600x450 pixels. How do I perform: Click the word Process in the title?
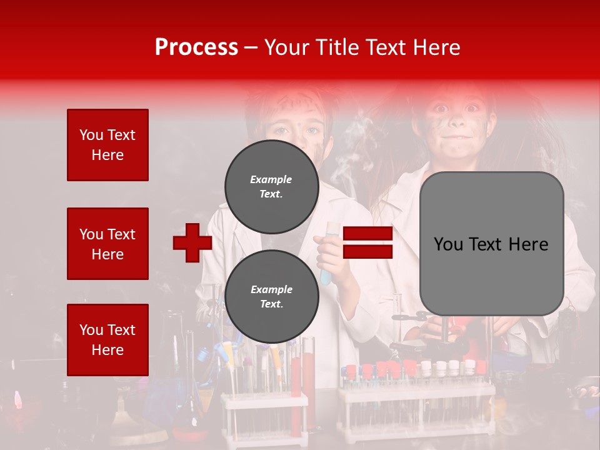196,47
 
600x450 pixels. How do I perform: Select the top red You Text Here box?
107,145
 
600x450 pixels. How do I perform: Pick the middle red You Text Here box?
107,244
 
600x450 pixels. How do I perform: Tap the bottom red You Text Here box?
107,339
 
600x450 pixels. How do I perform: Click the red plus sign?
192,242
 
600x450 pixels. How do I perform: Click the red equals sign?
368,242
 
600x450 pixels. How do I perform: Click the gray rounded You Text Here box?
491,244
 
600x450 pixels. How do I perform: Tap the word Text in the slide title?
384,47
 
